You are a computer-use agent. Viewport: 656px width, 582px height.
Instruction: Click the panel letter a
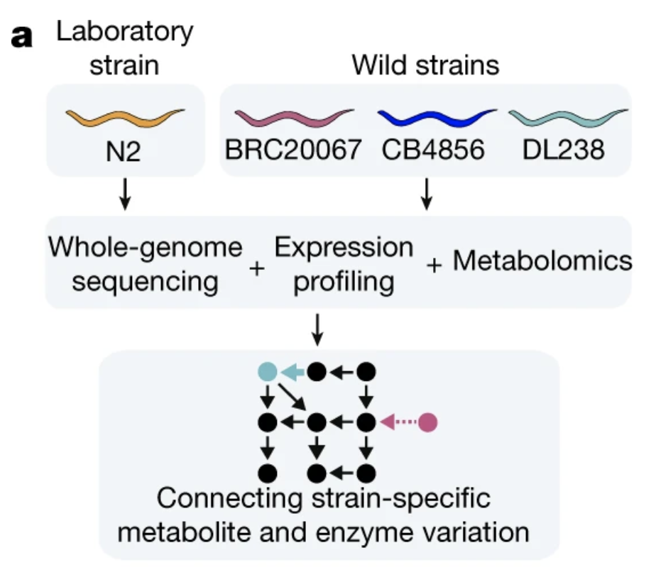22,37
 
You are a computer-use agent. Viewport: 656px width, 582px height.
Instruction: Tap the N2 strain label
125,150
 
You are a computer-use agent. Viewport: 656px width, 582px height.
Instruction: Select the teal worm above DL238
568,116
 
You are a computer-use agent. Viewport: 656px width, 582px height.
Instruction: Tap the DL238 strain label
567,150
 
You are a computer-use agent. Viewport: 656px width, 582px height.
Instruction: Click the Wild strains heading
425,66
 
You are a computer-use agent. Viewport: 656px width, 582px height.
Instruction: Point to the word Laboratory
125,32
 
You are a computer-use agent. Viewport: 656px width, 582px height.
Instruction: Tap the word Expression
344,248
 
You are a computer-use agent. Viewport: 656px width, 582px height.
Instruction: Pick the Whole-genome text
146,249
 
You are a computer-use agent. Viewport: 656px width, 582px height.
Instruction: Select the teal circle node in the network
267,371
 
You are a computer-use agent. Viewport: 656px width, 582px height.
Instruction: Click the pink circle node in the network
427,422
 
